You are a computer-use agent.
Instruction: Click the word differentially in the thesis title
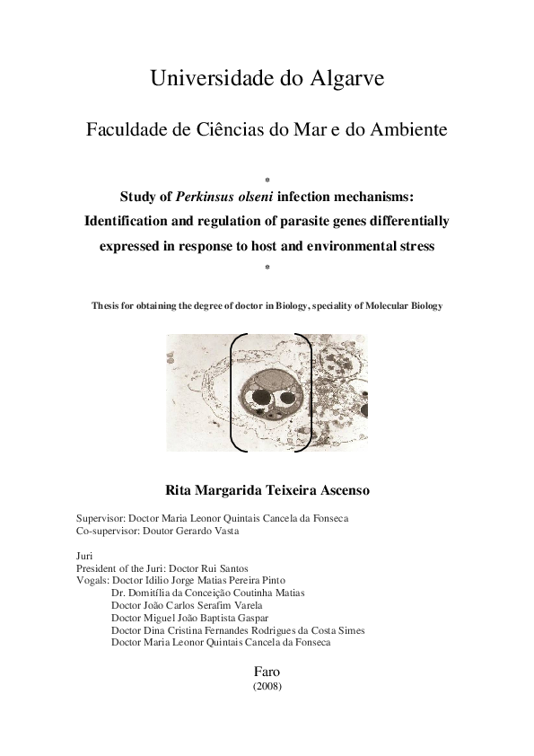click(x=400, y=221)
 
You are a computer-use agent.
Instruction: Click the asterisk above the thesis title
click(x=267, y=180)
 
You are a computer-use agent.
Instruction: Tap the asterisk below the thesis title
click(x=267, y=268)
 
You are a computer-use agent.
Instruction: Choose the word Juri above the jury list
click(x=85, y=556)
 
